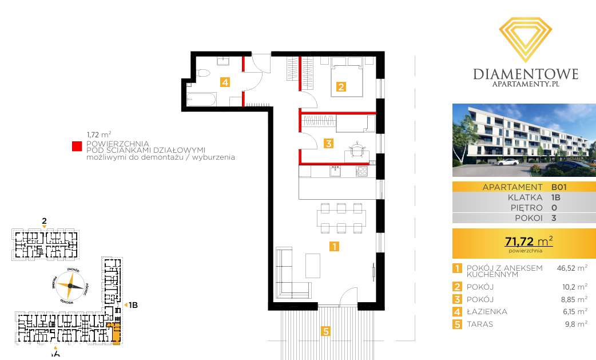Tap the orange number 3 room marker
coord(328,144)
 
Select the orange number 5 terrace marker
coord(325,330)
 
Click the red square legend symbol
coord(76,147)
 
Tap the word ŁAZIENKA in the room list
coord(487,312)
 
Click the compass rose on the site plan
coord(71,285)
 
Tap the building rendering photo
coord(524,140)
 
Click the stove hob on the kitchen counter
coord(361,171)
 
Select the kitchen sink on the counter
coord(335,170)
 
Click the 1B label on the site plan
coord(132,305)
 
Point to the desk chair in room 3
coord(357,148)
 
